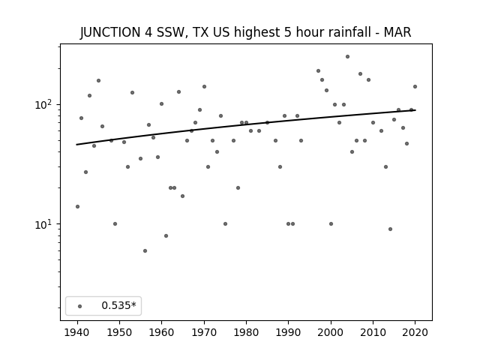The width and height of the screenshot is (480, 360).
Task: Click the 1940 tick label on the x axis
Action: (x=77, y=332)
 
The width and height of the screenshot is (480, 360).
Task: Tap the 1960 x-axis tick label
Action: (x=162, y=332)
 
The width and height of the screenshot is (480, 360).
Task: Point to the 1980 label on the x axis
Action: (x=246, y=332)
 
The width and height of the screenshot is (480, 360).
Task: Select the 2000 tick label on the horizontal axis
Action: (x=331, y=332)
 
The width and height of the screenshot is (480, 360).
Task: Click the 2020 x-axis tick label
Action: (x=415, y=332)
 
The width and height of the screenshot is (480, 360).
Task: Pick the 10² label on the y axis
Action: (x=45, y=105)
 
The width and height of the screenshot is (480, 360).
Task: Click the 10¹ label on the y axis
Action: (x=45, y=224)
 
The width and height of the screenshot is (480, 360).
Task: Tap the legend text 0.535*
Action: (x=118, y=305)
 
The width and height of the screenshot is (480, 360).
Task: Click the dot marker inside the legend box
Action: (x=80, y=306)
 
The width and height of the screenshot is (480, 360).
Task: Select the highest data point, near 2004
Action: (x=347, y=57)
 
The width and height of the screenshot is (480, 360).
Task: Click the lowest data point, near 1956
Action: (x=145, y=250)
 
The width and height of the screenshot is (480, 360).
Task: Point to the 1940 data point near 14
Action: (x=77, y=207)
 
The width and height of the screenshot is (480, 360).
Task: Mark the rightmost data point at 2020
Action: (x=415, y=87)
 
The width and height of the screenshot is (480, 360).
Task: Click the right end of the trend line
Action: (x=415, y=110)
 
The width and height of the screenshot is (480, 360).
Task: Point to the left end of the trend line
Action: (x=76, y=145)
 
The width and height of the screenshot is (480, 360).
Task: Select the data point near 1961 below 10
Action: (x=166, y=235)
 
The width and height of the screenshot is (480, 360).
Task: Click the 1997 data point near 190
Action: (x=318, y=70)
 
